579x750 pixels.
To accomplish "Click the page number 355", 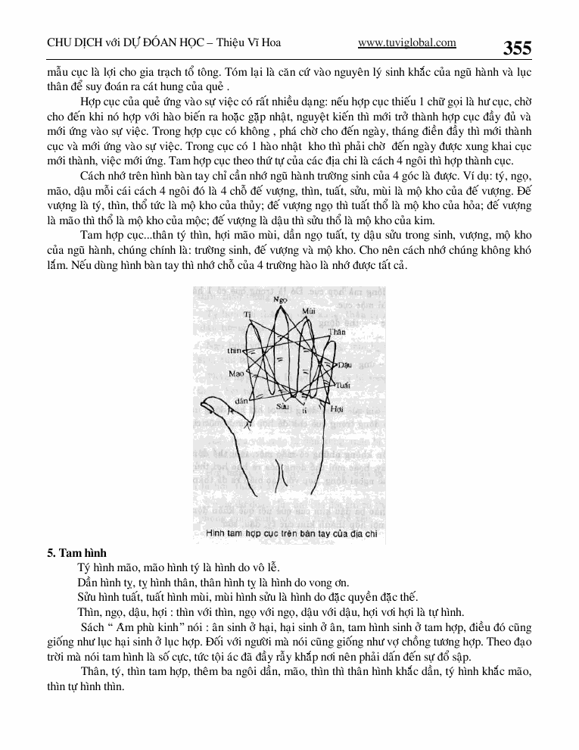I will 517,48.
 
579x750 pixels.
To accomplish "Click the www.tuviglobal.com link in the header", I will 406,42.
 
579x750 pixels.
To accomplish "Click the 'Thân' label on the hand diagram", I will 337,332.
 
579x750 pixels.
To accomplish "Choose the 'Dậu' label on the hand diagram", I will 345,365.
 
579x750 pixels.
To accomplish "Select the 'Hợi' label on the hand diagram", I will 337,408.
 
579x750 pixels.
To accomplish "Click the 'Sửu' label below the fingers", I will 283,406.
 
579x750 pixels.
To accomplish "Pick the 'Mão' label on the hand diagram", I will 235,374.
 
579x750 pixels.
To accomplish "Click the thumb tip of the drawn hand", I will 202,402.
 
